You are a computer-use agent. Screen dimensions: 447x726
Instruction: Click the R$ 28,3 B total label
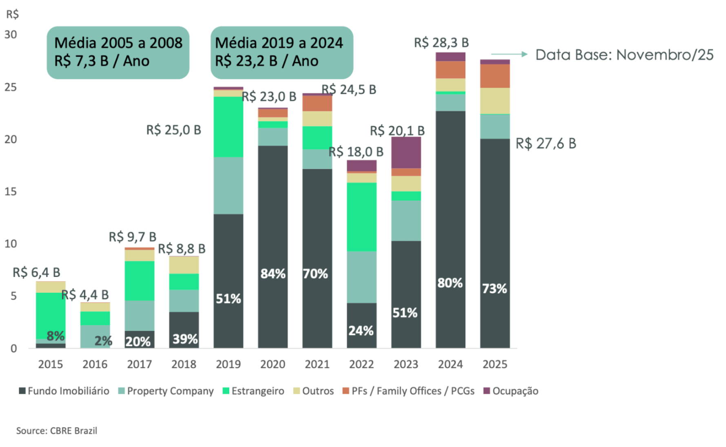pyautogui.click(x=441, y=42)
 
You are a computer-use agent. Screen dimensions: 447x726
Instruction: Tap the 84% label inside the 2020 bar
pyautogui.click(x=273, y=273)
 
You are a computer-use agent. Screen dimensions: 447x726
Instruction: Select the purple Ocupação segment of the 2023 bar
pyautogui.click(x=406, y=153)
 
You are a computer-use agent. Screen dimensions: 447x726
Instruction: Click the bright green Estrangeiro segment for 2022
pyautogui.click(x=361, y=217)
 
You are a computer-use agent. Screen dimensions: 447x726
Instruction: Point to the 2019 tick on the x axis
pyautogui.click(x=228, y=364)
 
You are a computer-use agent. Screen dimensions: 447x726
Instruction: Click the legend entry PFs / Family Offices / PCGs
pyautogui.click(x=408, y=391)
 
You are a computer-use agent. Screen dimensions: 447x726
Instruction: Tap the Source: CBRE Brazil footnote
pyautogui.click(x=57, y=431)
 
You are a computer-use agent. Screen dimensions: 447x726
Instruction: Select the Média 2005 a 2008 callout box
pyautogui.click(x=118, y=52)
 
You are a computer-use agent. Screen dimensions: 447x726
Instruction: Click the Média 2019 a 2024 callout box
pyautogui.click(x=281, y=52)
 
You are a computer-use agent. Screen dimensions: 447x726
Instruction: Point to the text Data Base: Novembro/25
pyautogui.click(x=624, y=55)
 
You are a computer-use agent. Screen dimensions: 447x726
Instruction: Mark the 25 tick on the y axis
pyautogui.click(x=11, y=87)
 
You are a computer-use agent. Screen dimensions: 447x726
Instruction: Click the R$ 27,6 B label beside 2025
pyautogui.click(x=546, y=144)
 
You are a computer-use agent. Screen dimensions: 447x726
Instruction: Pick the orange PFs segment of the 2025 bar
pyautogui.click(x=495, y=76)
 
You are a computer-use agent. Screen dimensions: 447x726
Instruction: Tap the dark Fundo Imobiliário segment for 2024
pyautogui.click(x=450, y=228)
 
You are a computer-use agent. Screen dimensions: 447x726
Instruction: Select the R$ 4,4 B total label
pyautogui.click(x=85, y=294)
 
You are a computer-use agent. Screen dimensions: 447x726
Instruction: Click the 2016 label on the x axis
pyautogui.click(x=95, y=364)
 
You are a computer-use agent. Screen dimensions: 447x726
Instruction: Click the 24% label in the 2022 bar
pyautogui.click(x=361, y=330)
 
